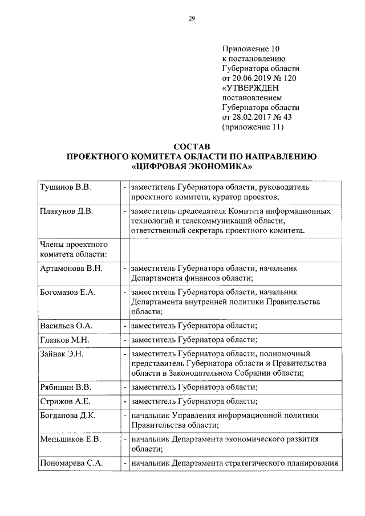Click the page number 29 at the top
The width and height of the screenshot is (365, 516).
click(x=192, y=19)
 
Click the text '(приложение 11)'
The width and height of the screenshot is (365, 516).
click(x=252, y=127)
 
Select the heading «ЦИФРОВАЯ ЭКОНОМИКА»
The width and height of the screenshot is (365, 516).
click(x=192, y=166)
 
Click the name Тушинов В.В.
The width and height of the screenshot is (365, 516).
click(x=66, y=187)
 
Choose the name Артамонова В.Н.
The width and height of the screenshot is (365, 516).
click(x=71, y=269)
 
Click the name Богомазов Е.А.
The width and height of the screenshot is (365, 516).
click(x=69, y=292)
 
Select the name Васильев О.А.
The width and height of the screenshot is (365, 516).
click(x=67, y=326)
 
